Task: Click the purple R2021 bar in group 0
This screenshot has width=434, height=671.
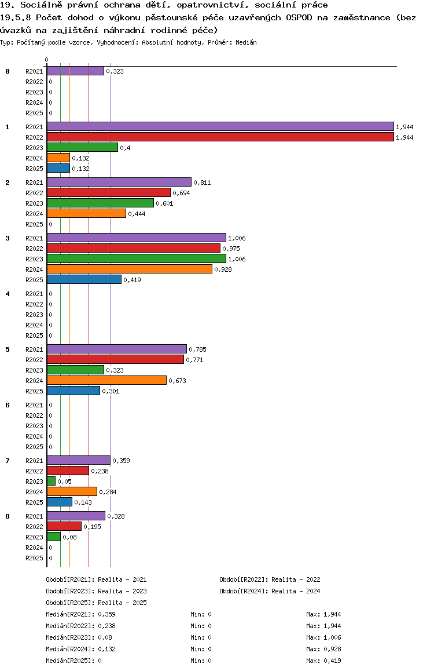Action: [75, 71]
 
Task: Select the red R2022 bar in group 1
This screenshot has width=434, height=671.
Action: [220, 137]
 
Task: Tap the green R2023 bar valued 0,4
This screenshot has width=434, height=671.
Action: [82, 147]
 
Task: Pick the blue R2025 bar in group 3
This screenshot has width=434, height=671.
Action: [84, 279]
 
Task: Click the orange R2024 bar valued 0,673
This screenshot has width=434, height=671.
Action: [106, 380]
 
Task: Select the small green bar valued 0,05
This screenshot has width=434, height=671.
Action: [51, 481]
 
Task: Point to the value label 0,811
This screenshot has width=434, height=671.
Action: [202, 183]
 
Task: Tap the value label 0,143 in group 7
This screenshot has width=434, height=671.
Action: [83, 502]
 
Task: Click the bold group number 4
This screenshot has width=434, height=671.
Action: [8, 294]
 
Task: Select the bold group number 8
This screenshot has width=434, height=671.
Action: [8, 516]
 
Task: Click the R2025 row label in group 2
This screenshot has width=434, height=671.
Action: [34, 224]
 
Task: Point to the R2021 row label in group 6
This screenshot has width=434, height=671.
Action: [34, 405]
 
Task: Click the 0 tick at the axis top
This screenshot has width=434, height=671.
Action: [46, 60]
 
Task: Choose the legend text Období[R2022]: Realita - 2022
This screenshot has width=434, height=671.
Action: [270, 579]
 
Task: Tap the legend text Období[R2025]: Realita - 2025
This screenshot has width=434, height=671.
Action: [96, 603]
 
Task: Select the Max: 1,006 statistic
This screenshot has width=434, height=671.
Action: [323, 637]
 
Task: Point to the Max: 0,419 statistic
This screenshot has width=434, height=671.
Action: [323, 661]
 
